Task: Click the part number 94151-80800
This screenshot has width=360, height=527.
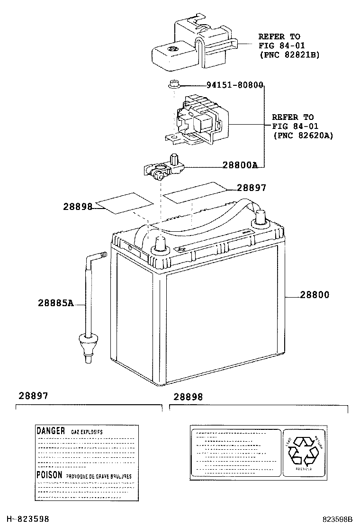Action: pyautogui.click(x=234, y=85)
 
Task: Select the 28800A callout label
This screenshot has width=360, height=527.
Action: pyautogui.click(x=240, y=165)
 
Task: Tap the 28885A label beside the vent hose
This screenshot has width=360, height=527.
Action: pyautogui.click(x=56, y=303)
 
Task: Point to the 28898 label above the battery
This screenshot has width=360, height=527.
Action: pyautogui.click(x=78, y=206)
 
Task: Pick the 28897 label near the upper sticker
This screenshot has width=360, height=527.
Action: pyautogui.click(x=251, y=188)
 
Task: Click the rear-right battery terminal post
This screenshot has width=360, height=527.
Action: pyautogui.click(x=260, y=217)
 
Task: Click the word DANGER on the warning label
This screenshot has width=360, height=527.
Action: pyautogui.click(x=51, y=431)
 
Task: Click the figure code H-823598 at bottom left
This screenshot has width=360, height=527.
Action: pyautogui.click(x=27, y=519)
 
